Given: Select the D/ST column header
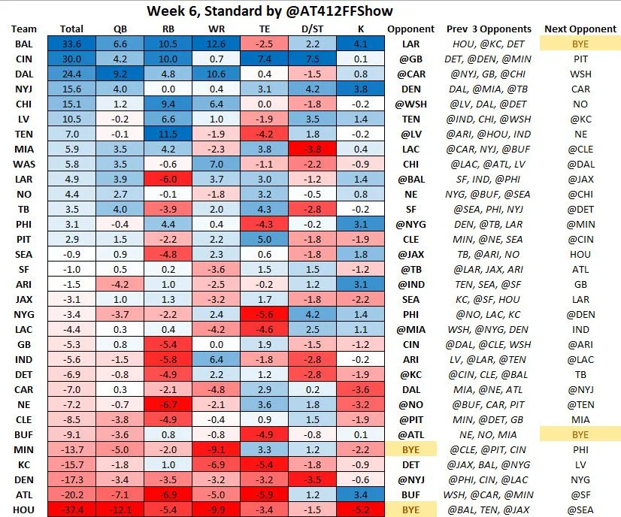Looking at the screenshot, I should point(311,29).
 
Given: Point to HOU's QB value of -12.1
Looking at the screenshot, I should point(120,509).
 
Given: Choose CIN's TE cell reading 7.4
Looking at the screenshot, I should point(263,59).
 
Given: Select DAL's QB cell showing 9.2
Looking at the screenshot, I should point(120,74).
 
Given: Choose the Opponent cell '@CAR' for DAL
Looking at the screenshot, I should point(410,74).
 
